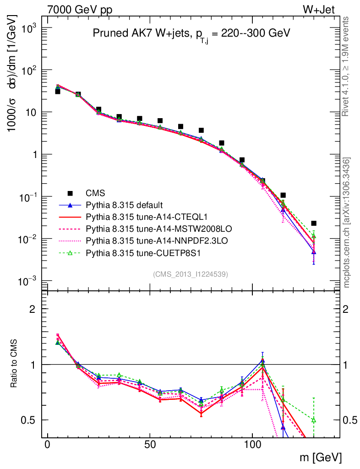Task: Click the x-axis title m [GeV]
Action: click(323, 457)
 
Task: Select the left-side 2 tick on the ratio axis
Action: click(32, 309)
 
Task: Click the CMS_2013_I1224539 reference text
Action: click(191, 274)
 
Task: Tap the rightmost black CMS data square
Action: click(313, 223)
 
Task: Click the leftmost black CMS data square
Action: click(58, 92)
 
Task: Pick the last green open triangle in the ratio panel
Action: click(313, 420)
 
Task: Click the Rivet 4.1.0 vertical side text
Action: click(346, 66)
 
